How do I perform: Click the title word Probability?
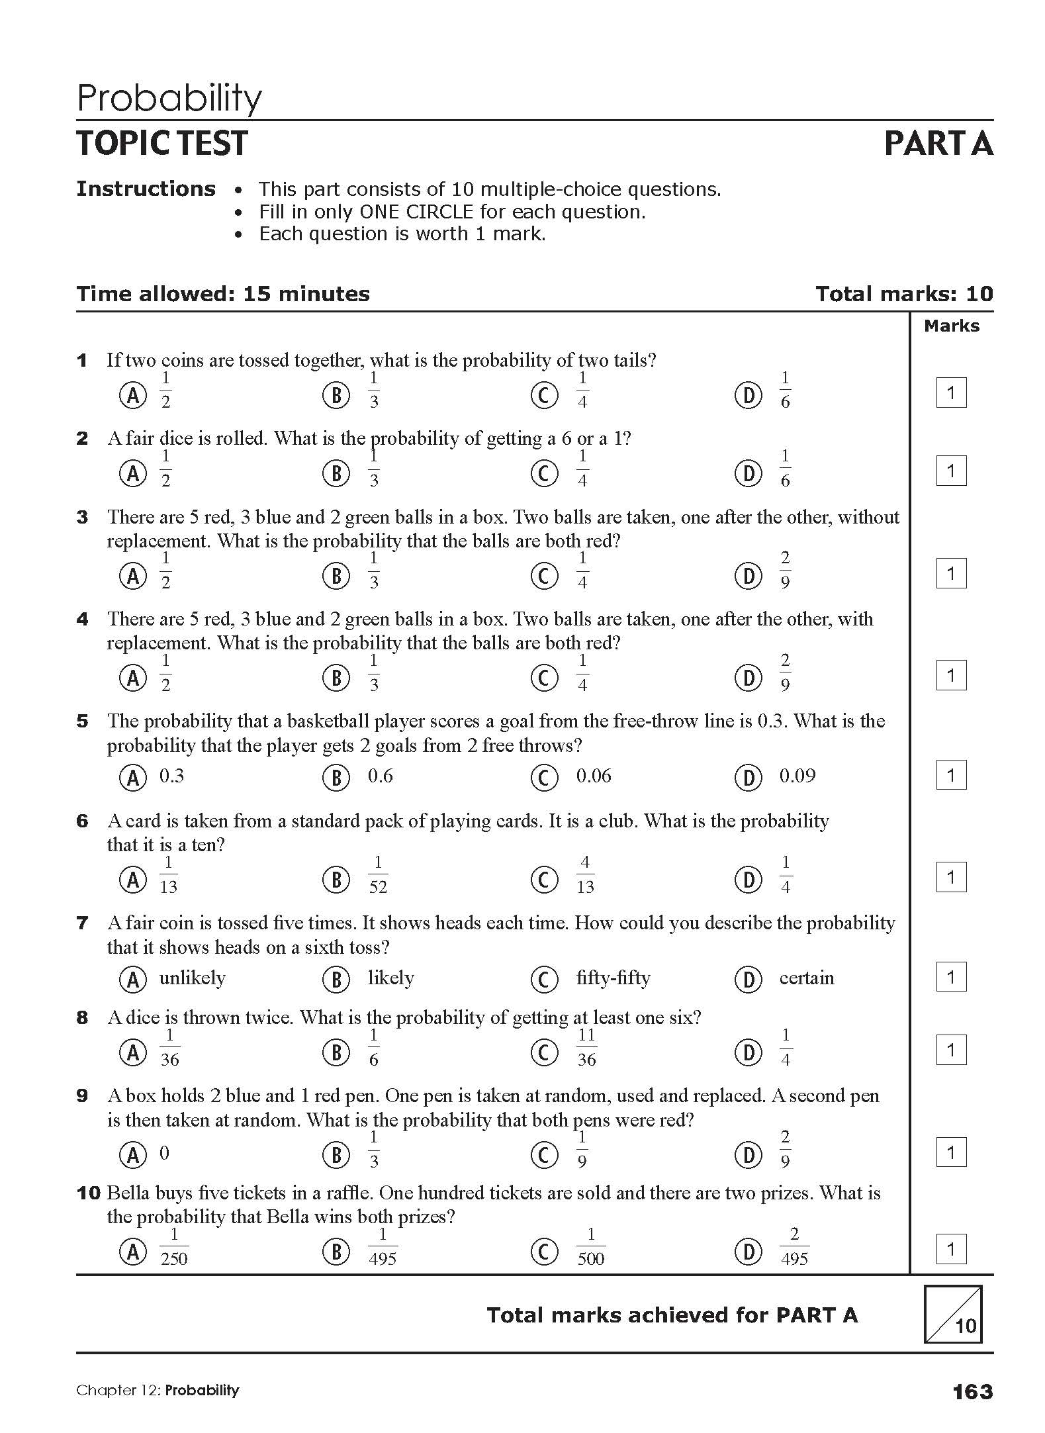[169, 98]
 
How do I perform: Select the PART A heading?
[938, 144]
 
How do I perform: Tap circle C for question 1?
[544, 395]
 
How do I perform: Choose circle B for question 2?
[336, 473]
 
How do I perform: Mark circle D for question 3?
[749, 576]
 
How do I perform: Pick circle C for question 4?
[544, 678]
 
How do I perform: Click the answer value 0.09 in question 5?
[797, 776]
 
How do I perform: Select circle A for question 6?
[132, 880]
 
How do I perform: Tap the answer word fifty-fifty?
[613, 978]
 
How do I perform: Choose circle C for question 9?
[544, 1155]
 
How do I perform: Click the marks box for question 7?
[951, 977]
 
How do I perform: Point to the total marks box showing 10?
[954, 1315]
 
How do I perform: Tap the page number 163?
[972, 1391]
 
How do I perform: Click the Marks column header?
[952, 326]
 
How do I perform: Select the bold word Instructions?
[146, 189]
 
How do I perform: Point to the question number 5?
[82, 721]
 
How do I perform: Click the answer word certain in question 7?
[806, 978]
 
